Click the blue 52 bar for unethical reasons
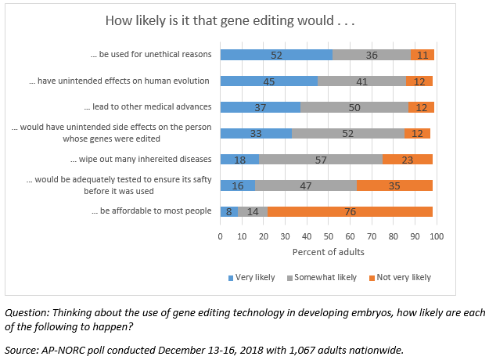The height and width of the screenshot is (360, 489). (276, 55)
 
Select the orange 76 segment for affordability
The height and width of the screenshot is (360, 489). (350, 211)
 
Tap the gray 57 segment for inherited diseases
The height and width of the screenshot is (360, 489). (321, 160)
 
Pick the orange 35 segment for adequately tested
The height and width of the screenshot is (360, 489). (394, 185)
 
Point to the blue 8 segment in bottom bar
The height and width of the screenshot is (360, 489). (228, 211)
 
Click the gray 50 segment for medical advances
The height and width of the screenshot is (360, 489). (354, 107)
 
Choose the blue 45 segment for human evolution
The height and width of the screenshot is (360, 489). (268, 81)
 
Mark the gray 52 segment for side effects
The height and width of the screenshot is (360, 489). (348, 133)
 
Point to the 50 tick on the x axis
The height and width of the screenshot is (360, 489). (329, 236)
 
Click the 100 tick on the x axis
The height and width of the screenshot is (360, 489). (437, 236)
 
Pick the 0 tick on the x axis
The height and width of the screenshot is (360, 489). (221, 236)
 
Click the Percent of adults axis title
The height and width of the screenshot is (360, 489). (329, 253)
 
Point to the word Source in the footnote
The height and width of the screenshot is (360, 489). (21, 350)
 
